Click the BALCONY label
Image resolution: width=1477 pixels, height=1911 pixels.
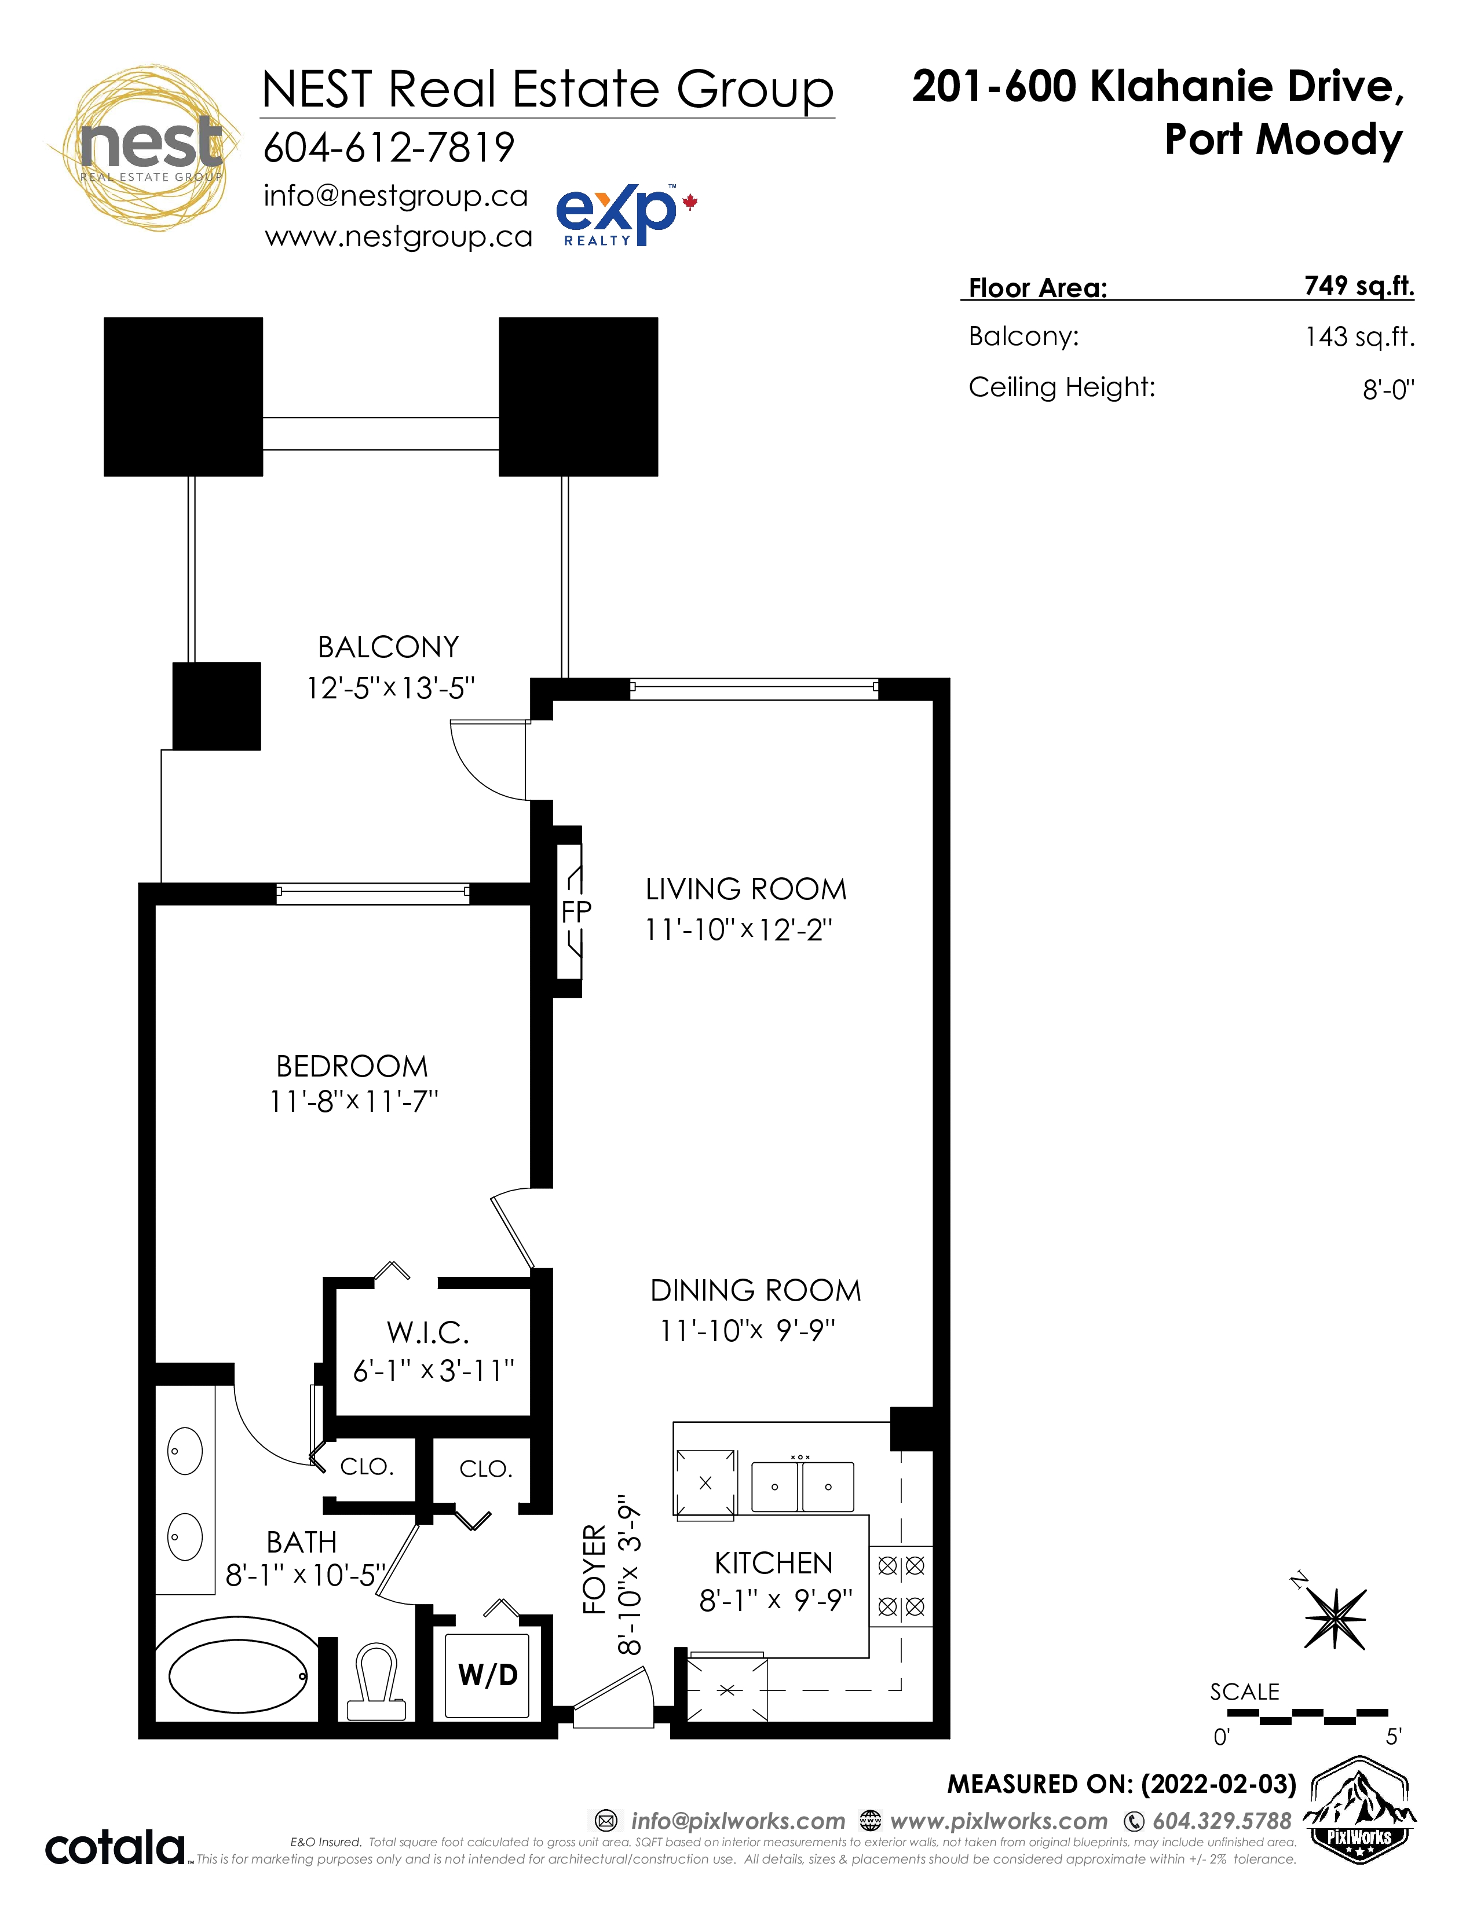click(389, 647)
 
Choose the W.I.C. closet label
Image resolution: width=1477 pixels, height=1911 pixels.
click(429, 1332)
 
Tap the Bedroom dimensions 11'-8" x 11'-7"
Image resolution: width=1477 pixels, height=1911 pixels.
click(353, 1101)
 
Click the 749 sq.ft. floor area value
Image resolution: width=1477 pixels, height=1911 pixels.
click(1359, 286)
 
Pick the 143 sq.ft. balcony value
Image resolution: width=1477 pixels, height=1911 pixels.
click(1360, 337)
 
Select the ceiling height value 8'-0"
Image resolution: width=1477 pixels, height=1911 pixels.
click(1388, 389)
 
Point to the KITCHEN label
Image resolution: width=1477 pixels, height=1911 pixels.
click(773, 1563)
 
